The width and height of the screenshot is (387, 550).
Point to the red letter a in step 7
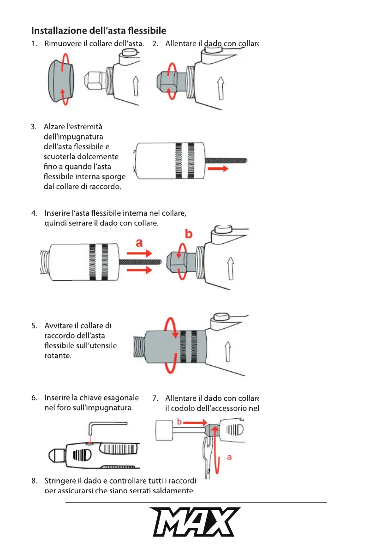click(229, 457)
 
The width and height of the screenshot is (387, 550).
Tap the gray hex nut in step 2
click(168, 79)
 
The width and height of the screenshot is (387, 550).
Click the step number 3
click(34, 127)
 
